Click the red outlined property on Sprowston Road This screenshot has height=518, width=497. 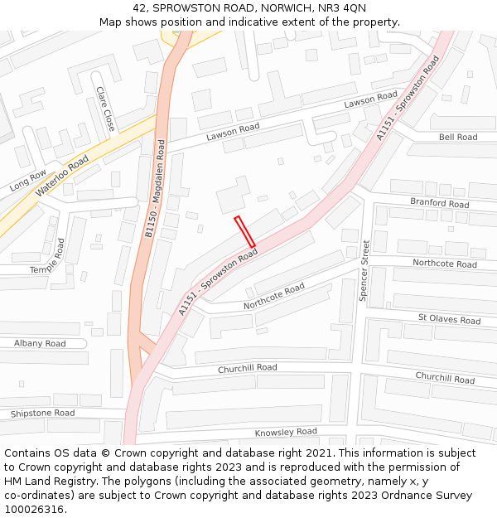244,231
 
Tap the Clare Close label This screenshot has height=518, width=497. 105,109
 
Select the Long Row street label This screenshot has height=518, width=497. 28,182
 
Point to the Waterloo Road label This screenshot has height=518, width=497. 62,177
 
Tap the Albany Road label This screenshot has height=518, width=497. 40,343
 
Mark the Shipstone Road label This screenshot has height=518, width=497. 42,413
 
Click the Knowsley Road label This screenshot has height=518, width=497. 286,432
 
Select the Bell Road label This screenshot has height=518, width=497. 458,138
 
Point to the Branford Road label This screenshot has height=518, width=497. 440,203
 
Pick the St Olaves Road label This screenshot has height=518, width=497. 449,319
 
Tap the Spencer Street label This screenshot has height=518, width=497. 364,270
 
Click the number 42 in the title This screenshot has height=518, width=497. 138,7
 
